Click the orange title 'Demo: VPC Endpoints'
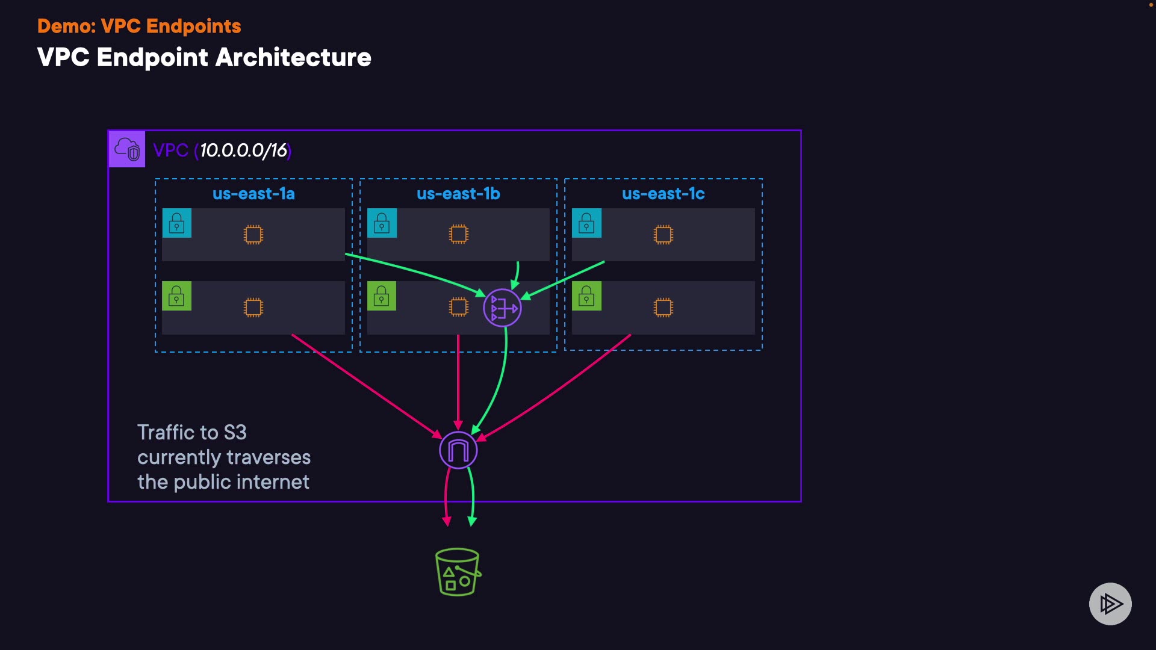(x=139, y=26)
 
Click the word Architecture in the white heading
(x=293, y=58)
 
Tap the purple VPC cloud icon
(x=127, y=149)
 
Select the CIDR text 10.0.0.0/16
(x=243, y=150)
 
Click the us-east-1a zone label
(x=253, y=194)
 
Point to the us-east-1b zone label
(x=458, y=194)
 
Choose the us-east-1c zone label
(x=663, y=194)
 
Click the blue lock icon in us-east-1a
(x=177, y=223)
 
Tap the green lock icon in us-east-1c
(x=586, y=296)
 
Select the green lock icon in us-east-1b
(x=382, y=296)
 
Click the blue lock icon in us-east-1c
(x=586, y=223)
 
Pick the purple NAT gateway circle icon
(x=502, y=308)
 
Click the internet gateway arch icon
(x=458, y=450)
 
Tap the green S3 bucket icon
(x=458, y=572)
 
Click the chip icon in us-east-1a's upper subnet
(x=253, y=234)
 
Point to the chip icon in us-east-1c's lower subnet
(x=663, y=308)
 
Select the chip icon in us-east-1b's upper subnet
(x=458, y=234)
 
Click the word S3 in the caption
(x=235, y=433)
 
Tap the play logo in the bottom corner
(x=1110, y=604)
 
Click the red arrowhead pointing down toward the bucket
(x=447, y=521)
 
